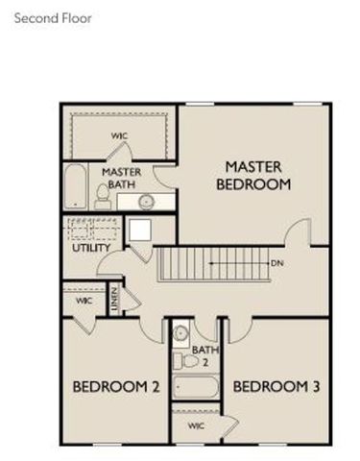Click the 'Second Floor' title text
coord(53,16)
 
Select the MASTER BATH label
coord(121,177)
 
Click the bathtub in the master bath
coord(75,186)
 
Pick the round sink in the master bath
coord(147,202)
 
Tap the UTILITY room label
coord(90,248)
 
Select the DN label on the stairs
coord(276,261)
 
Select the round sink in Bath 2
coord(180,332)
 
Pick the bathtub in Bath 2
coord(195,388)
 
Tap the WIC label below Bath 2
coord(196,424)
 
